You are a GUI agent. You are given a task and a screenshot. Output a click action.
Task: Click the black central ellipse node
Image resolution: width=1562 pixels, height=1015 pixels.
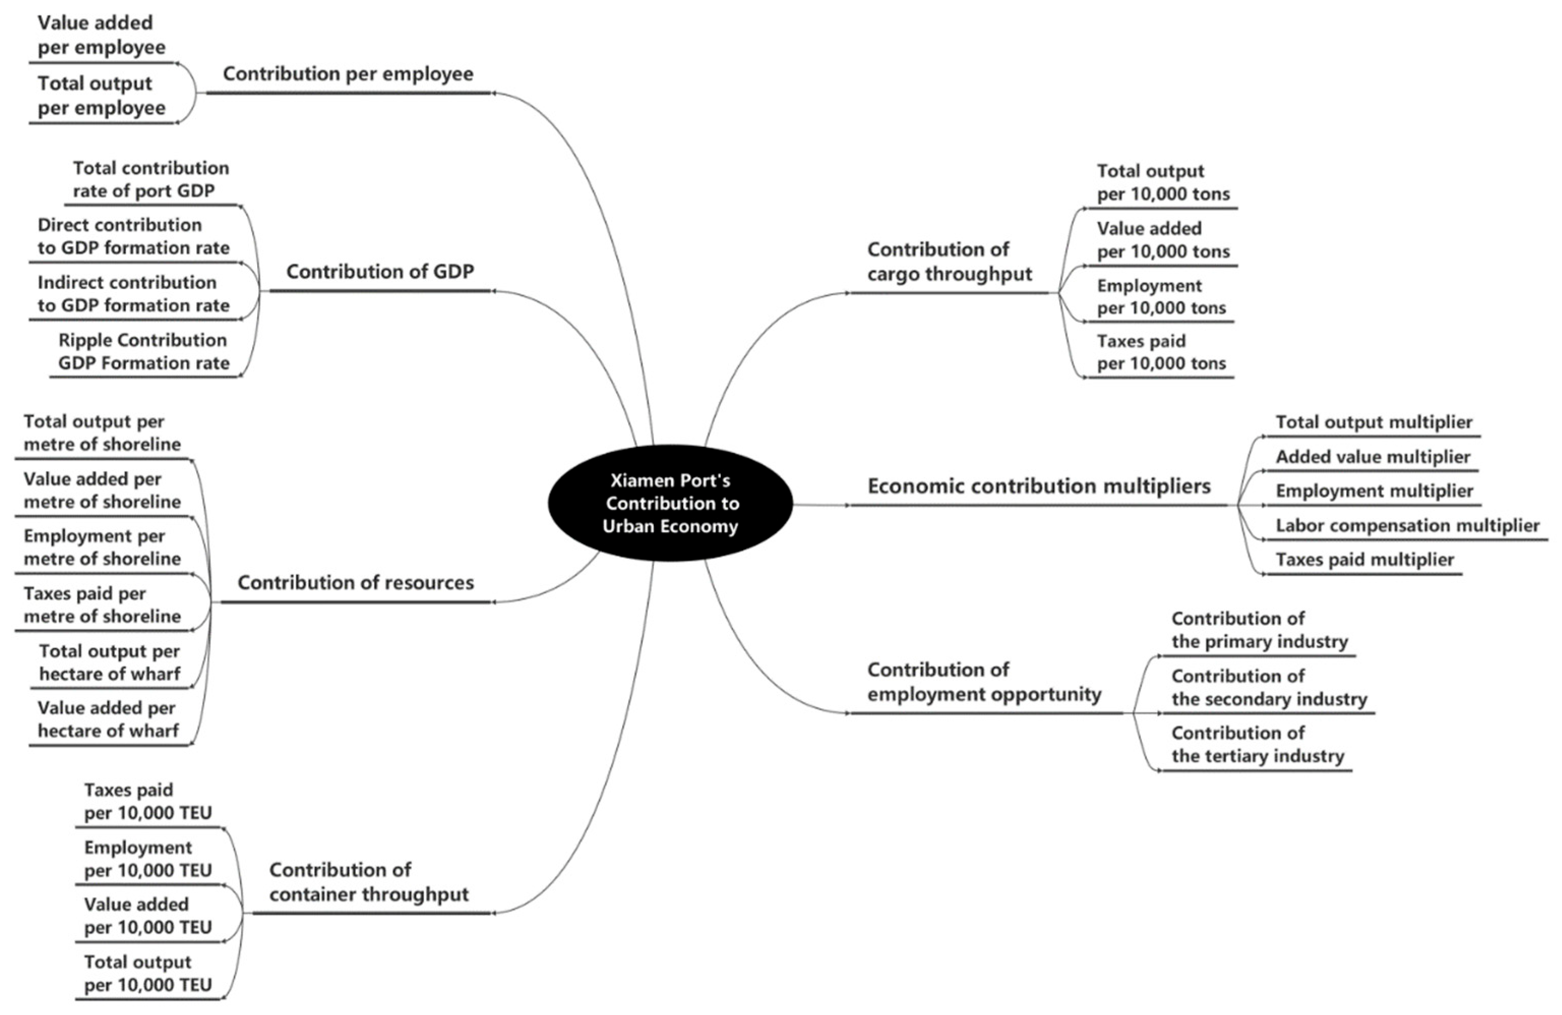tap(670, 503)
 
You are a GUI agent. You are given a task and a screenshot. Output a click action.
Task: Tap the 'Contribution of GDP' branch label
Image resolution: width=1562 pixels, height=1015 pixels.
tap(380, 271)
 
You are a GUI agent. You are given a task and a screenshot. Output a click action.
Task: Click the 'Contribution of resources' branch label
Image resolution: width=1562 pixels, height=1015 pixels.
tap(356, 582)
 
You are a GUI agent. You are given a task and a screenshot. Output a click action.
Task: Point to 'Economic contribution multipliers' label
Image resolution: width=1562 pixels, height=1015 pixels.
tap(1039, 486)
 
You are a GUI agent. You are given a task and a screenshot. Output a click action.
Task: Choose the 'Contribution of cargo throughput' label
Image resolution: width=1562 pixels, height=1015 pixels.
tap(949, 261)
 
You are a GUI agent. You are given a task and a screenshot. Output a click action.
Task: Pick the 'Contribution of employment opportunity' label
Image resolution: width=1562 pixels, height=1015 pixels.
tap(984, 682)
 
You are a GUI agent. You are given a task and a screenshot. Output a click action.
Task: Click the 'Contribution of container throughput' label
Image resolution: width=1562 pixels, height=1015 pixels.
tap(369, 882)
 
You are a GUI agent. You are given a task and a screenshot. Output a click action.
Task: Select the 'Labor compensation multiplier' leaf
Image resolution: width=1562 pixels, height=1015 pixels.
tap(1407, 526)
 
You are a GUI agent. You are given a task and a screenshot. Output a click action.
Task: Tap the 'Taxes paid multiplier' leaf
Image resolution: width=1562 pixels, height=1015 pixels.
tap(1364, 560)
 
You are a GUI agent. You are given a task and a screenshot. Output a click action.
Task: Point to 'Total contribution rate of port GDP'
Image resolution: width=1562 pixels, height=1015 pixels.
tap(151, 180)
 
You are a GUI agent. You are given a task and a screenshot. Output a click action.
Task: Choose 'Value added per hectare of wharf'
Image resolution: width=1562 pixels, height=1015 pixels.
tap(108, 719)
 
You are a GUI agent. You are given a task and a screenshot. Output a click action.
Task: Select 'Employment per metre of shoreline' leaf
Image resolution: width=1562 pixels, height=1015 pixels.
tap(102, 547)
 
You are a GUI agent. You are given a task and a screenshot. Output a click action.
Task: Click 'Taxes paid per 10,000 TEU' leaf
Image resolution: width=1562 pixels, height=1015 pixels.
tap(148, 801)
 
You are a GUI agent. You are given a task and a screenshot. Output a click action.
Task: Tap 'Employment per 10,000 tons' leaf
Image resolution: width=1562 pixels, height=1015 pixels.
tap(1161, 297)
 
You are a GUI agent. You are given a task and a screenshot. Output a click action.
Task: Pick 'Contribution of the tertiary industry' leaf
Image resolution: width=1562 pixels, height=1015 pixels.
tap(1258, 744)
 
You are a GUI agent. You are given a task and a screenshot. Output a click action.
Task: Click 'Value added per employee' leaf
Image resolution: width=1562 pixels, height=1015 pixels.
tap(101, 35)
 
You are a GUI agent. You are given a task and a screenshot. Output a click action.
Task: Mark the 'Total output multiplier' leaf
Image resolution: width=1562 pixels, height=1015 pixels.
tap(1373, 422)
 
